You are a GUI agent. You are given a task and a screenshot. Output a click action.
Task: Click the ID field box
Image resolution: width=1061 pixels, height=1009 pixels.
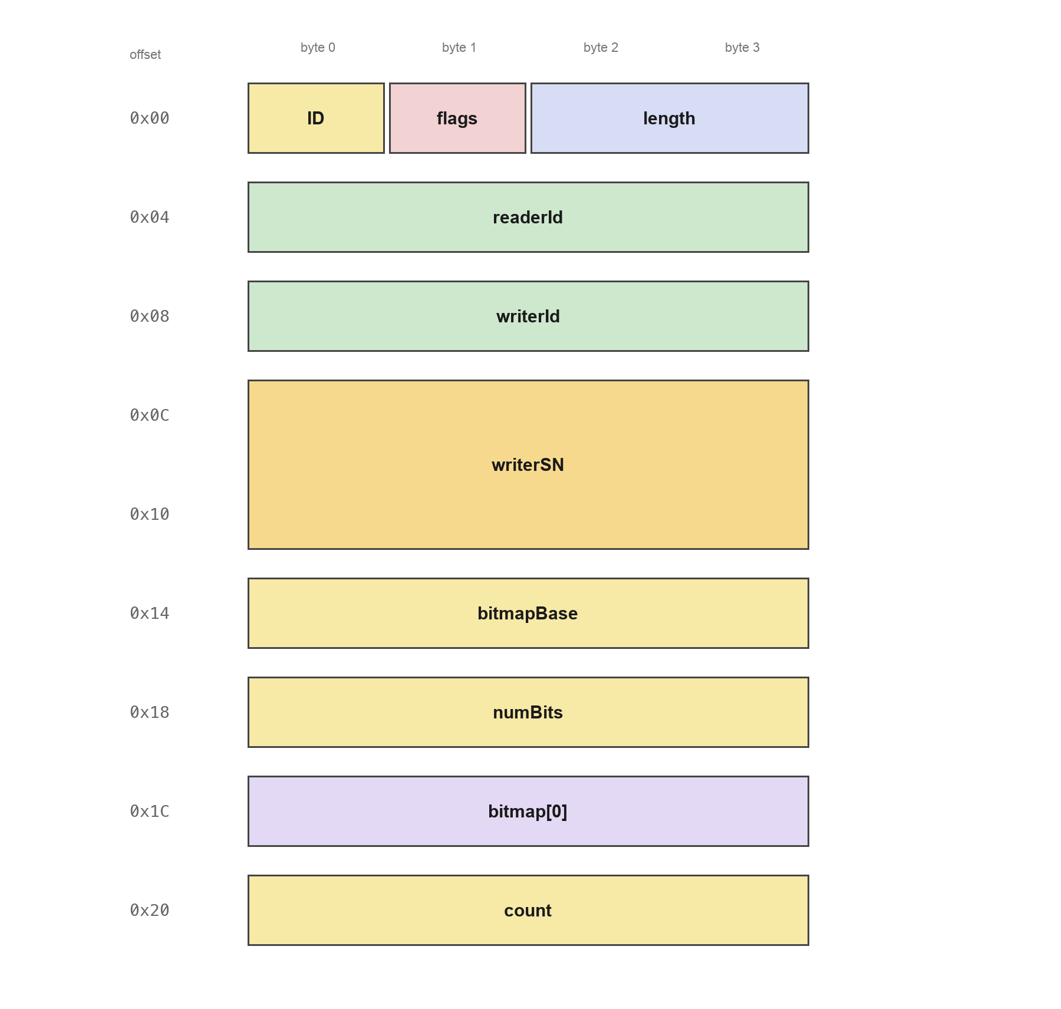[316, 118]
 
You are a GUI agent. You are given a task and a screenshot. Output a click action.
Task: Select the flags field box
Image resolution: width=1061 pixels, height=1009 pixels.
[457, 118]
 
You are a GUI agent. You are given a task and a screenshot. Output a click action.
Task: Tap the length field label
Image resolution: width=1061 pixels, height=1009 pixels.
[669, 118]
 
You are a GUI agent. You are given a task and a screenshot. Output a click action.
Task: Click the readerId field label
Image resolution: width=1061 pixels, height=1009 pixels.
[528, 217]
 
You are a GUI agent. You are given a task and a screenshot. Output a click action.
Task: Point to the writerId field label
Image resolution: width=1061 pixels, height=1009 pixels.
[528, 316]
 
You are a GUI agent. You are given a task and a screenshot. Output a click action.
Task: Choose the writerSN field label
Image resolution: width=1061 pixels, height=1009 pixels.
[528, 465]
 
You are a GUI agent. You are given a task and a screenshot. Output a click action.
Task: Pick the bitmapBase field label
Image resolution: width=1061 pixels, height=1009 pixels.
[528, 614]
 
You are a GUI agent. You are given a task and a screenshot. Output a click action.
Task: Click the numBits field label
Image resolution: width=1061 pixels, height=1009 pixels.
[528, 713]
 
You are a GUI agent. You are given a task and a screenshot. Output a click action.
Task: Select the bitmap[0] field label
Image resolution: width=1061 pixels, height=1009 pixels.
[528, 812]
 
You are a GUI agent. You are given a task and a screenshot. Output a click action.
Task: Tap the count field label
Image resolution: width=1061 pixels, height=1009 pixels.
[528, 911]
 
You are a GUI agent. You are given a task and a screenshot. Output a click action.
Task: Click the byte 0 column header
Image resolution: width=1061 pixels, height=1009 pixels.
[318, 48]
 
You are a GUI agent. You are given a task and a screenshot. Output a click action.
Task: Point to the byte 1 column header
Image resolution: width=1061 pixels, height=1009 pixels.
[459, 48]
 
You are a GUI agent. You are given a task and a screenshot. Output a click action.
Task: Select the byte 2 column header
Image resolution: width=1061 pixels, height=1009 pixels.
[601, 48]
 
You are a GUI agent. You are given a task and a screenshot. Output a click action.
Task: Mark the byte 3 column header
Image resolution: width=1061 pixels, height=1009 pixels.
[742, 48]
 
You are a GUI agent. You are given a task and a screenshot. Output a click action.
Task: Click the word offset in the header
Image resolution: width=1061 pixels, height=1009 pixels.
[145, 55]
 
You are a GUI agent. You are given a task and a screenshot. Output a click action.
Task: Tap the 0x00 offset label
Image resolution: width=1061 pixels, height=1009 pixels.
[150, 118]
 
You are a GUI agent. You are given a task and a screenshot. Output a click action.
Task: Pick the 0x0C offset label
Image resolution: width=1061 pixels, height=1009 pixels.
[150, 416]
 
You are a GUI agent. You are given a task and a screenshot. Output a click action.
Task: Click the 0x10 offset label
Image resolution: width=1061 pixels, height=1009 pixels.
[150, 515]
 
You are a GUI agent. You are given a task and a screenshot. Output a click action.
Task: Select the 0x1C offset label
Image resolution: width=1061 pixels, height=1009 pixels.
[150, 812]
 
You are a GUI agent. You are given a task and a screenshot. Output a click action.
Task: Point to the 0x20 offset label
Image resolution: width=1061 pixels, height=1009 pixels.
[150, 911]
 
